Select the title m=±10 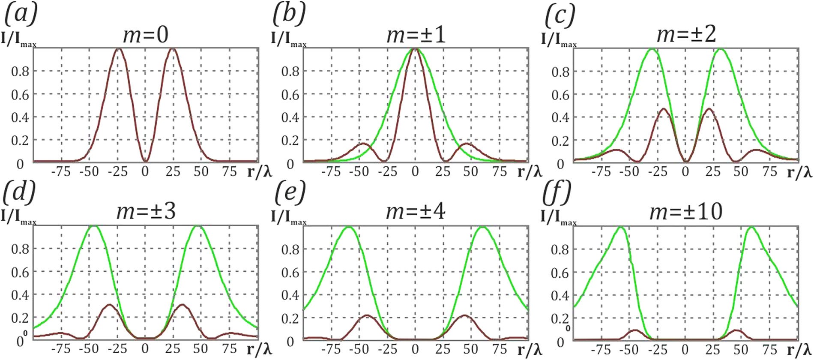(686, 212)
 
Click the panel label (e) (290, 192)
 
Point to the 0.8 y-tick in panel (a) (20, 72)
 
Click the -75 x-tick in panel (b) (331, 172)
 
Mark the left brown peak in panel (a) (119, 49)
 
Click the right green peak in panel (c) (720, 50)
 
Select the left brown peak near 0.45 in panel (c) (664, 109)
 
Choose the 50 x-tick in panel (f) (741, 349)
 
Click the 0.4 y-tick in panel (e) (290, 295)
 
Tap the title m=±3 (146, 212)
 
